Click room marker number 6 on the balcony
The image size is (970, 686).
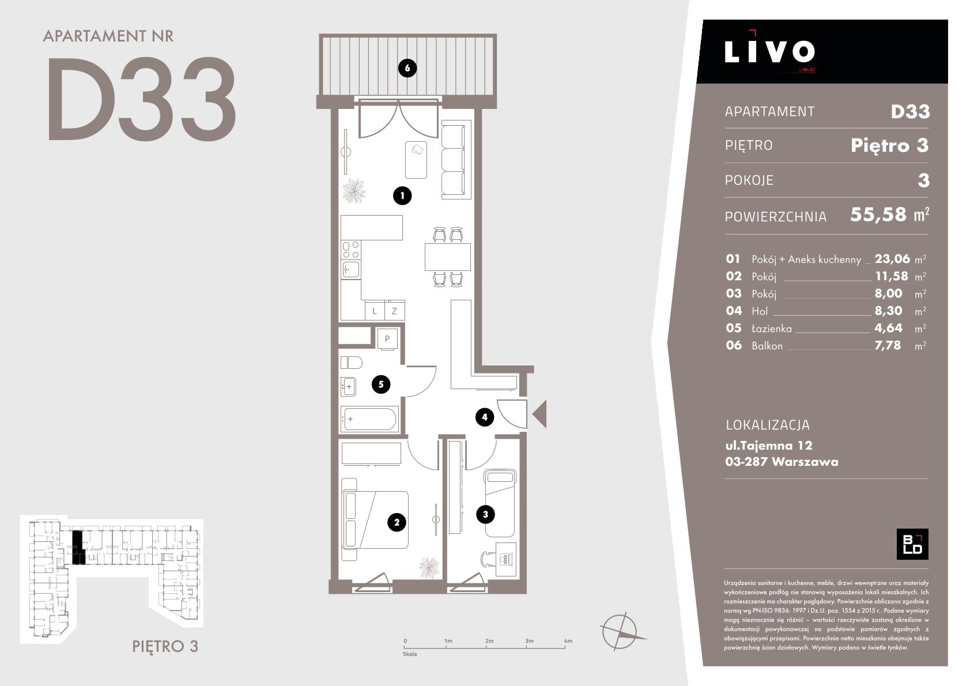point(407,68)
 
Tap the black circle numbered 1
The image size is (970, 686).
point(402,195)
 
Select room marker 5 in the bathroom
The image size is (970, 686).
point(381,384)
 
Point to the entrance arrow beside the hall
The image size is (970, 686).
point(539,414)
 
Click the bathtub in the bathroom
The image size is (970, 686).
point(369,419)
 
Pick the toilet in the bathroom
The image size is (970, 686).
point(351,362)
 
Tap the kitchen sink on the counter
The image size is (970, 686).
point(351,270)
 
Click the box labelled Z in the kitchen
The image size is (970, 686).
point(394,311)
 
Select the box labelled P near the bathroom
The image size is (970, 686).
point(387,338)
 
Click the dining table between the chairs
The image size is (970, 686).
point(447,257)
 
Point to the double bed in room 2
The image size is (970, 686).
point(375,520)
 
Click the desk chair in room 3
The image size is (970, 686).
point(488,559)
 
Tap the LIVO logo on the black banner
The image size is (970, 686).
point(769,51)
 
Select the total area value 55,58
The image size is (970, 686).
point(878,214)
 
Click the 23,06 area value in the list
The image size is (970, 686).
point(892,259)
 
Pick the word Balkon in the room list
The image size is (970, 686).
point(767,346)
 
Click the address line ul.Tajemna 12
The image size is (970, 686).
point(769,445)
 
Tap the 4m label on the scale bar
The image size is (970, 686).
point(568,641)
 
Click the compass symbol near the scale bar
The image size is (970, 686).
point(621,631)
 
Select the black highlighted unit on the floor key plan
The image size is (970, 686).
point(77,548)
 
